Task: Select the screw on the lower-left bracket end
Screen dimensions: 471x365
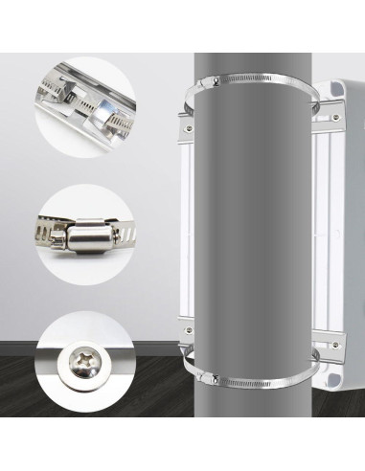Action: [188, 337]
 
